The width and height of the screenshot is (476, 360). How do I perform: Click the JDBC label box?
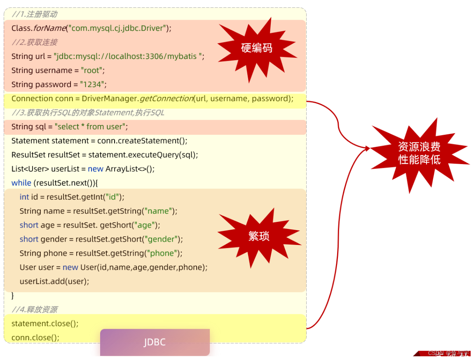tap(155, 342)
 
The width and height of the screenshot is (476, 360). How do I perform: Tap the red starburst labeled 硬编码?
tap(256, 48)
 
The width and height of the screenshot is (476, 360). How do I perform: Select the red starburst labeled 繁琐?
tap(258, 236)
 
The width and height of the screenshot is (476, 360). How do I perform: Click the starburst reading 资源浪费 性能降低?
tap(419, 153)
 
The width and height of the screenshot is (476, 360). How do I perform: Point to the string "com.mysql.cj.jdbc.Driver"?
tap(118, 28)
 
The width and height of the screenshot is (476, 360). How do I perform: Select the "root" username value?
tap(91, 71)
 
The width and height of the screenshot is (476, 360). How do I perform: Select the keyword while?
tap(21, 183)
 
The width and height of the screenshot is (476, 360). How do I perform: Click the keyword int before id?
tap(24, 197)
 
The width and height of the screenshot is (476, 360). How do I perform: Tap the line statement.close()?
tap(45, 324)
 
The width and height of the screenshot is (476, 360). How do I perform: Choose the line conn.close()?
tap(35, 338)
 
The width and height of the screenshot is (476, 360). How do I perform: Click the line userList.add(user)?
tap(54, 281)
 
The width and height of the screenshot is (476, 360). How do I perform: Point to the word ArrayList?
tap(121, 169)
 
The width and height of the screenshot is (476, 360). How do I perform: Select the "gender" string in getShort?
tap(164, 239)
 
